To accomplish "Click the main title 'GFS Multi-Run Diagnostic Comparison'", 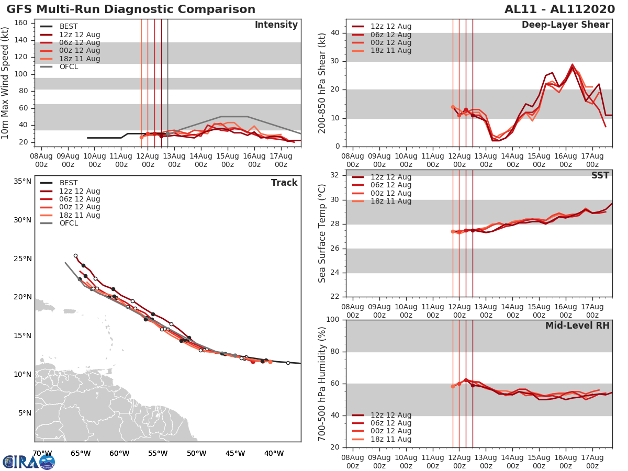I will (x=131, y=9).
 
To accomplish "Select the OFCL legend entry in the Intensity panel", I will (x=69, y=67).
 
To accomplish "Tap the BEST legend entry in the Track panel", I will (x=69, y=183).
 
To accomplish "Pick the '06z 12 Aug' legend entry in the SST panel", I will (x=391, y=185).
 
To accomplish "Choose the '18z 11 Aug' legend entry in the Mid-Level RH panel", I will (x=391, y=439).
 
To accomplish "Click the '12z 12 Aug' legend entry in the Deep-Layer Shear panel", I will (x=391, y=27).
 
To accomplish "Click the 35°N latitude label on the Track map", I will (x=22, y=182).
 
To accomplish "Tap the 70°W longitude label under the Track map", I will (x=42, y=453).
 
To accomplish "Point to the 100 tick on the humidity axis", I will (x=333, y=320).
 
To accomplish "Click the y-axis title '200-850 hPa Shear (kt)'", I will (x=322, y=83).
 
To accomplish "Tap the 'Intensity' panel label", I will (x=276, y=25).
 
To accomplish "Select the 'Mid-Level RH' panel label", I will (x=577, y=326).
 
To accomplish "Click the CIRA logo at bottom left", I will (x=29, y=462).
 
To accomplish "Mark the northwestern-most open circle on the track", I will (x=75, y=256).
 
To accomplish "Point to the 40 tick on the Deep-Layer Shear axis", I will (x=335, y=33).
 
